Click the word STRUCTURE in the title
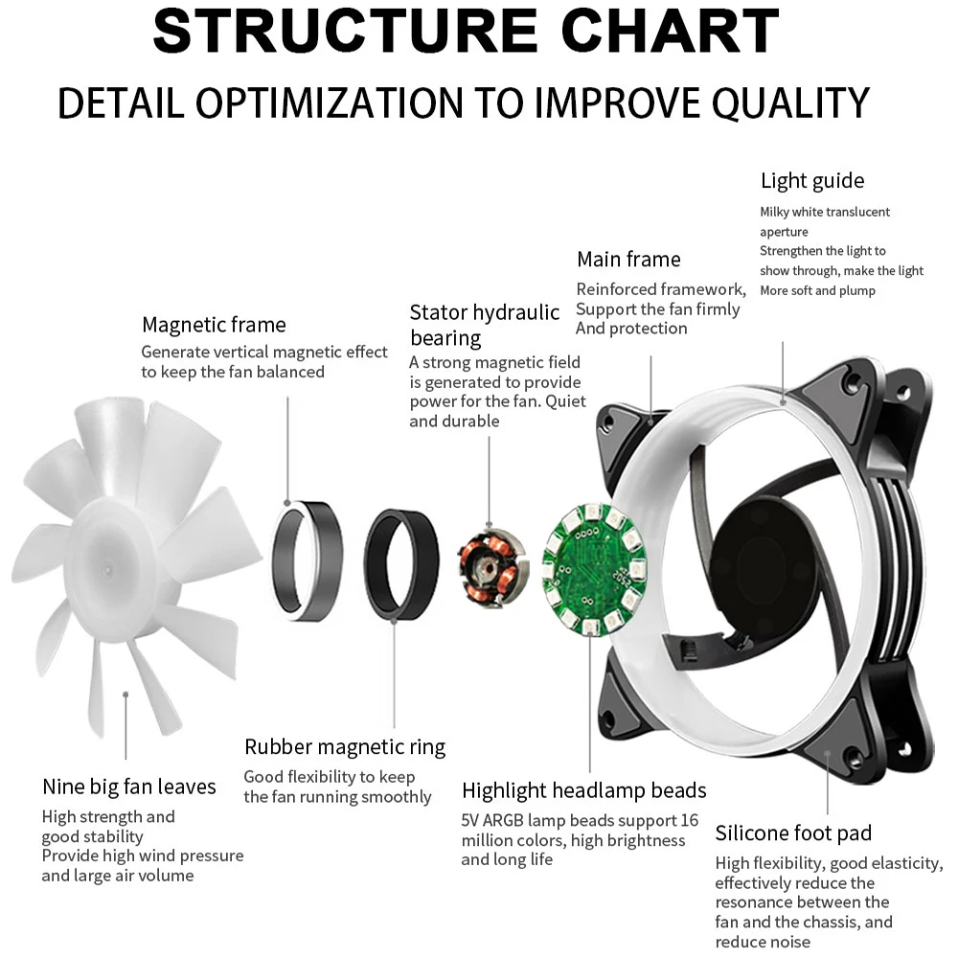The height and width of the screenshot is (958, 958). point(345,31)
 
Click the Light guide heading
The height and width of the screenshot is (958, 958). point(812,181)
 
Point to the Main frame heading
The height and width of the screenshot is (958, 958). point(628,260)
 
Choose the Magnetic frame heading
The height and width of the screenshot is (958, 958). point(214,325)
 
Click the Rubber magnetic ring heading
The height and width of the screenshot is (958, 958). point(345,747)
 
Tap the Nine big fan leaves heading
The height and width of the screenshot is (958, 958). point(129,787)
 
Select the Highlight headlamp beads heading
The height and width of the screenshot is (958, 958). point(584,790)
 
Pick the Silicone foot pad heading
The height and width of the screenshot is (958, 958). point(793,833)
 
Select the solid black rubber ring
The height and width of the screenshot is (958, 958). point(401,563)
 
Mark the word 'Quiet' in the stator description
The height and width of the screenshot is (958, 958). point(565,401)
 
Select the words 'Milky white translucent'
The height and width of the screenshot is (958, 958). point(825,212)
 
